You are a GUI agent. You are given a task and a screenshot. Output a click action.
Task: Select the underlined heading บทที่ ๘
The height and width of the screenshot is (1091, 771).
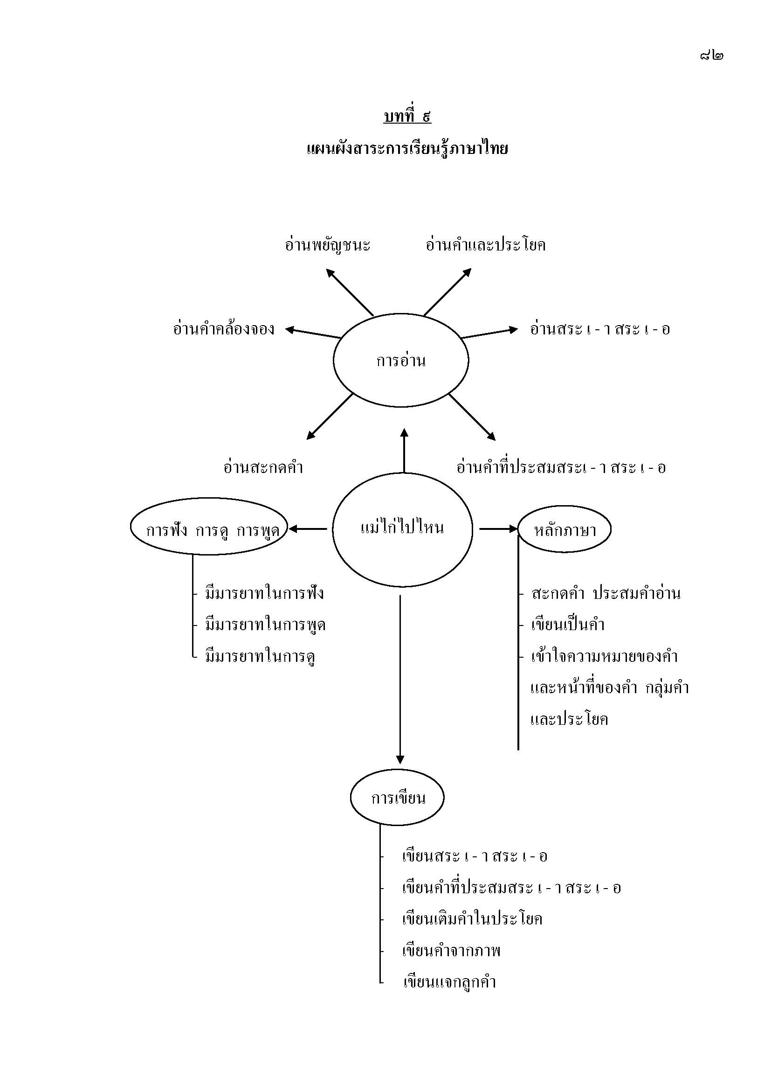tap(407, 116)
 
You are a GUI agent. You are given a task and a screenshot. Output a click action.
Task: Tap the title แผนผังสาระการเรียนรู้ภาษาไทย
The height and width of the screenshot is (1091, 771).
tap(407, 149)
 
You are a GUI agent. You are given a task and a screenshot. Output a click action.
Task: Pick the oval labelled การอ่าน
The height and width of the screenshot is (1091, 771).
tap(401, 361)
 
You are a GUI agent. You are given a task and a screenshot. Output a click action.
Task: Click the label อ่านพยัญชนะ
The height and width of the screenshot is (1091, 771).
tap(328, 245)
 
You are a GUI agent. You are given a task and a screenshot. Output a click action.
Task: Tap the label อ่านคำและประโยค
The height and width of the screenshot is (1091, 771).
tap(485, 245)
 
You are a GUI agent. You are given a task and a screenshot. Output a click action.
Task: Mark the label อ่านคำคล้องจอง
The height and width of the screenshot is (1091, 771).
tap(224, 329)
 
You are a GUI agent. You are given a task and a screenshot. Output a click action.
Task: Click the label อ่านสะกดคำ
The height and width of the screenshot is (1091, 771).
tap(263, 467)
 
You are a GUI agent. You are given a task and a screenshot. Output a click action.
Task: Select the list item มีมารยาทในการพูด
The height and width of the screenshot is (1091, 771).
tap(265, 625)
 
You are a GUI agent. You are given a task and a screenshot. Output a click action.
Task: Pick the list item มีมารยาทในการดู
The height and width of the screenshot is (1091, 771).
tap(261, 657)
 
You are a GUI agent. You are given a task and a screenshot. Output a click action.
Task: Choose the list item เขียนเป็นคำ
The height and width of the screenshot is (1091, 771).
tap(567, 625)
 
